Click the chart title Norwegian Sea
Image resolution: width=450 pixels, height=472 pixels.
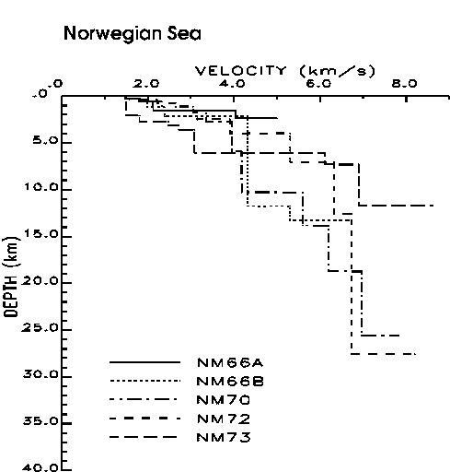coord(133,34)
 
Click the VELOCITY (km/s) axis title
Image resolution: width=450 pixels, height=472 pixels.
coord(285,71)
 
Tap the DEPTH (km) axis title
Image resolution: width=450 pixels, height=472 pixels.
coord(11,277)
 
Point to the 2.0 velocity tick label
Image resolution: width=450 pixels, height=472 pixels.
coord(146,83)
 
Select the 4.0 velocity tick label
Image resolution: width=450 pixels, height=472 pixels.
coord(232,83)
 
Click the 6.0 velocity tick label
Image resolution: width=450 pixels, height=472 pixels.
coord(318,83)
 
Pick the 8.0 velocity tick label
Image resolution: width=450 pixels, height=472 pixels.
coord(405,83)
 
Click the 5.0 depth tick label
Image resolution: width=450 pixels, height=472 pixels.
coord(44,140)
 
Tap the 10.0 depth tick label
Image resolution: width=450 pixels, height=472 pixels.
coord(41,187)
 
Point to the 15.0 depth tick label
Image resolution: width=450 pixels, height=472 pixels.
coord(41,234)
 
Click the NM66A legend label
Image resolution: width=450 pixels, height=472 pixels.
coord(230,363)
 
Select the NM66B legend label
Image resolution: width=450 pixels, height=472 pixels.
coord(230,382)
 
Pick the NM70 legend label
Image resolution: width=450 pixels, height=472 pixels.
coord(224,400)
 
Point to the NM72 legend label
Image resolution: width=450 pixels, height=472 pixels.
coord(224,419)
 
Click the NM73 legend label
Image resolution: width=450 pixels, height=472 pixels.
coord(224,437)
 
